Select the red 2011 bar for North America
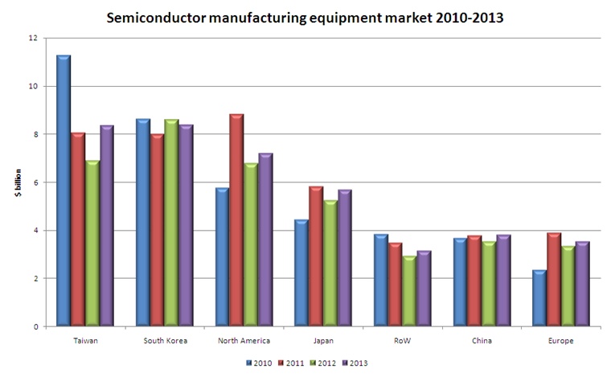point(236,220)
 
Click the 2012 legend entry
point(322,363)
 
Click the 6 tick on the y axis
point(34,182)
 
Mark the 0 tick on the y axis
point(34,327)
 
